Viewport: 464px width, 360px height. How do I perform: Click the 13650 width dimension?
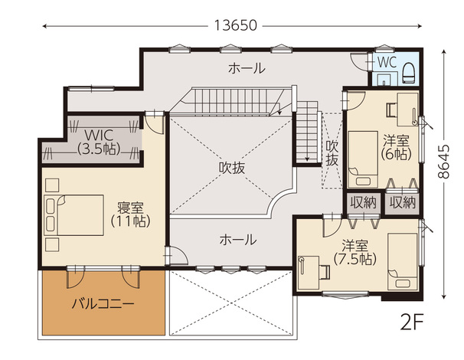(x=235, y=25)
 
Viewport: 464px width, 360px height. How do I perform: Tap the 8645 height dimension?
(x=443, y=162)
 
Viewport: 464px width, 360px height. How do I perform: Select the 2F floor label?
(x=412, y=322)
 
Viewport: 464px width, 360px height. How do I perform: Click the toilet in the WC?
(x=410, y=73)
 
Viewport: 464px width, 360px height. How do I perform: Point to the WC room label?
(x=387, y=63)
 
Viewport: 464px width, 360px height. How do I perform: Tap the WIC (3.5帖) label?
(x=99, y=142)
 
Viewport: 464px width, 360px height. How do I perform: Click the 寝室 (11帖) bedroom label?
(x=130, y=214)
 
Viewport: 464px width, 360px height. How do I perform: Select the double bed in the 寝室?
(x=74, y=215)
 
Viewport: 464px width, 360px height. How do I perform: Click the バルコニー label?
(x=103, y=304)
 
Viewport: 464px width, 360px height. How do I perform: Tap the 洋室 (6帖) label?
(x=396, y=147)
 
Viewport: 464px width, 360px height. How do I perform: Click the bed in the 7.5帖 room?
(x=403, y=261)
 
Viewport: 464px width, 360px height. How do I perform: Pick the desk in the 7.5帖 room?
(x=309, y=273)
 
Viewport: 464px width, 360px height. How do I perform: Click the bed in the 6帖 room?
(x=363, y=159)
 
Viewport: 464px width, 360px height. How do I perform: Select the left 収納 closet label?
(x=364, y=203)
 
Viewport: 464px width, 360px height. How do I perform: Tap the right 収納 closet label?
(x=403, y=203)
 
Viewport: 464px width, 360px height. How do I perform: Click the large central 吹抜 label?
(x=232, y=168)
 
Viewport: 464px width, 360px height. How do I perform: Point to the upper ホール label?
(x=247, y=68)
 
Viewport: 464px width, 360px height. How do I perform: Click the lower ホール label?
(x=238, y=240)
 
